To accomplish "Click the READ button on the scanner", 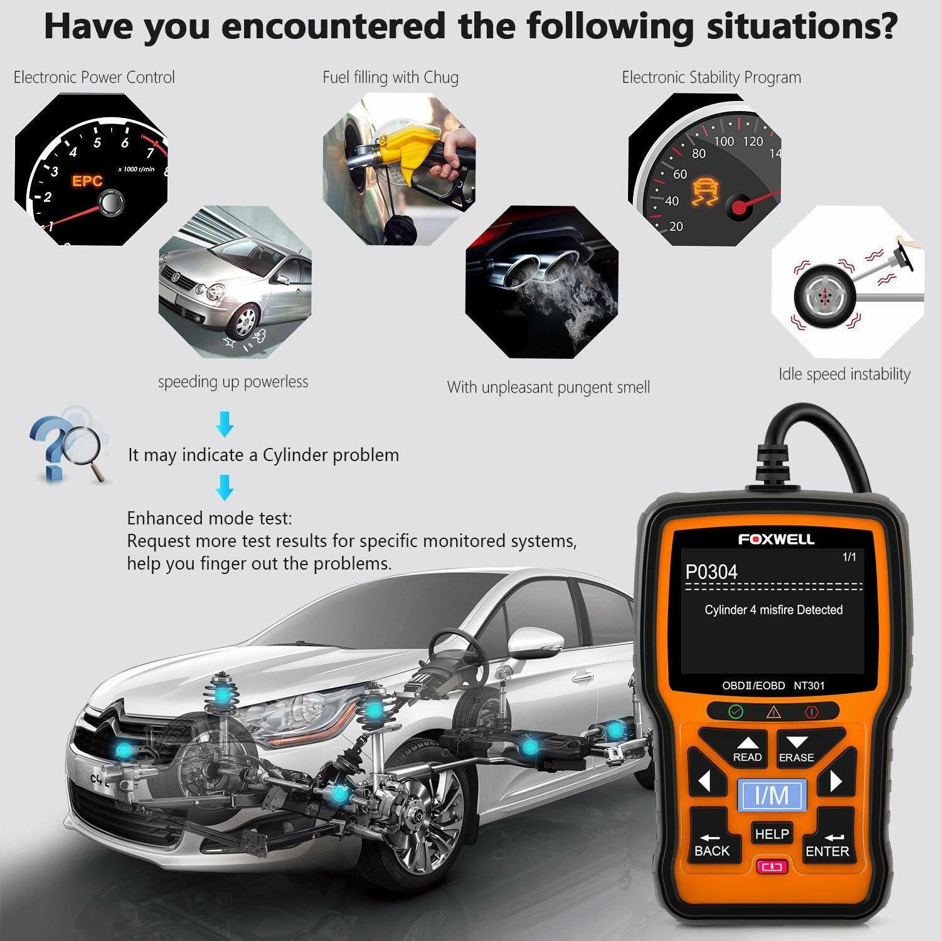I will tap(747, 748).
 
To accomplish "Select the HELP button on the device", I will tap(772, 834).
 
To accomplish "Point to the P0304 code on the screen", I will tap(711, 572).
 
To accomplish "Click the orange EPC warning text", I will tap(87, 181).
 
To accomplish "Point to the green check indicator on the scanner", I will tap(735, 712).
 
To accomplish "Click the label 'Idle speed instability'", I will tap(844, 375).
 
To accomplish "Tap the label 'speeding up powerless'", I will tap(233, 381).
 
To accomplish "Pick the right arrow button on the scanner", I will tap(835, 782).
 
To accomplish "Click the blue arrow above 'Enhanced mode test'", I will tap(225, 487).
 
